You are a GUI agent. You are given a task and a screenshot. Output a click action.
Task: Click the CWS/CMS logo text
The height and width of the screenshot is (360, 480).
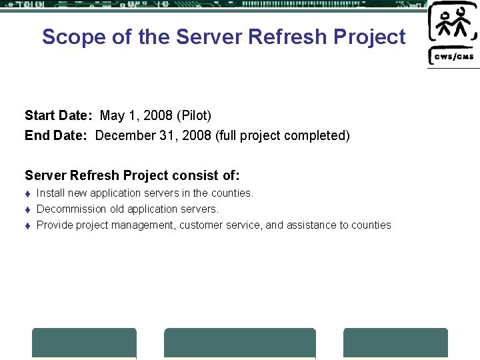(x=454, y=56)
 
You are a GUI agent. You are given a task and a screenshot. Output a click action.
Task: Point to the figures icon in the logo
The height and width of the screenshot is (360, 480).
(x=452, y=25)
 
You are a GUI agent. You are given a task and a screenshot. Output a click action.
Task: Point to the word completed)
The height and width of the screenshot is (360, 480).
(x=317, y=136)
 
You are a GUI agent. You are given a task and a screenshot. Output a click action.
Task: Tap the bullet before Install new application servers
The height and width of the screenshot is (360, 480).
(x=27, y=193)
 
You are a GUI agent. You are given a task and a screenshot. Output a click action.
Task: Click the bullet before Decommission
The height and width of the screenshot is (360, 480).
(x=27, y=209)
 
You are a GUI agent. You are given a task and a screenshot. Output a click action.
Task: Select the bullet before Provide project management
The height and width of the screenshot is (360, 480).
(x=27, y=225)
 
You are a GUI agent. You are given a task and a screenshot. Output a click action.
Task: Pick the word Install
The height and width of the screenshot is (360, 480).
(x=50, y=193)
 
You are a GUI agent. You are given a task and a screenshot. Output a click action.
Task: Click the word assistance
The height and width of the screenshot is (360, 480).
(x=311, y=225)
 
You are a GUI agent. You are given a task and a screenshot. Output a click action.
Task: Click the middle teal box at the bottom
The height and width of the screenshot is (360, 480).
(x=240, y=343)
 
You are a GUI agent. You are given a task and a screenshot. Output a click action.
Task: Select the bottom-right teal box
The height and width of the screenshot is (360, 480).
(x=395, y=343)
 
